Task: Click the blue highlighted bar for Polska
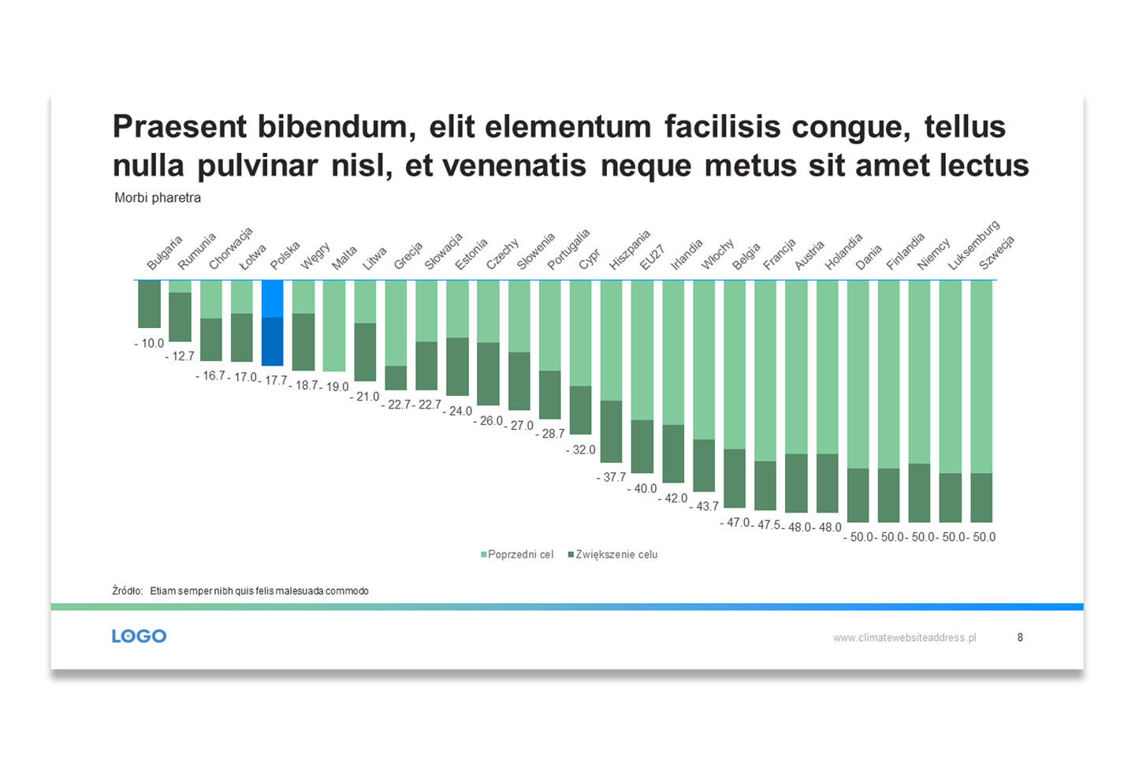272,323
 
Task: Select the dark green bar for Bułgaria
150,304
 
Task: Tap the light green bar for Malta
334,326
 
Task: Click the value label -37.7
611,477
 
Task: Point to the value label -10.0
149,343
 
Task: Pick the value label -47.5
765,525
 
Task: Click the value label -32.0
581,449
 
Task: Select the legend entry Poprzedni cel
517,554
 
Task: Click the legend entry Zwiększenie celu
612,554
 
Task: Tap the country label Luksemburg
973,245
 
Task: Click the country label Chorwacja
230,248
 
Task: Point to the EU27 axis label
652,258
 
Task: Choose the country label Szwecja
996,252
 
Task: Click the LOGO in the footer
139,636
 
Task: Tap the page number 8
1020,637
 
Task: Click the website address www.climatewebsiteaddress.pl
905,638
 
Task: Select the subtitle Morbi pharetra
158,198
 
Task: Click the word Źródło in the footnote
127,591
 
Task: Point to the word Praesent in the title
180,126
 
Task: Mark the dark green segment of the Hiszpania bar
611,431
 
